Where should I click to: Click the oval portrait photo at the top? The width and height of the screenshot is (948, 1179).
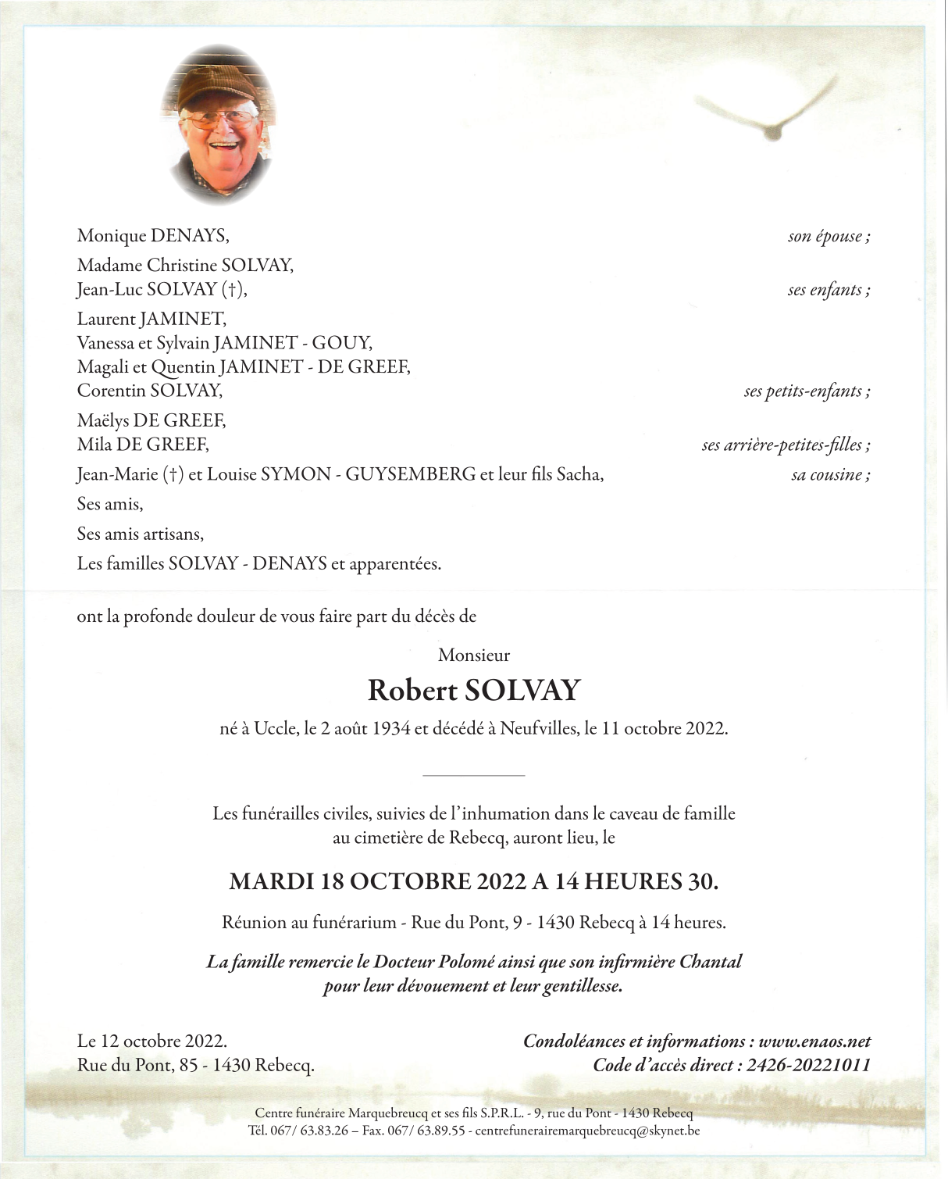[218, 125]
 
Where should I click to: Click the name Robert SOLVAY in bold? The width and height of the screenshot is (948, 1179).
[474, 691]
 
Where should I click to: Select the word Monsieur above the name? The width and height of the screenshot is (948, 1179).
[474, 656]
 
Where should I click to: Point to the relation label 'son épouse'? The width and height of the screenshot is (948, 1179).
[829, 236]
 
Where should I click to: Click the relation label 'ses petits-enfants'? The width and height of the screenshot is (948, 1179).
[807, 391]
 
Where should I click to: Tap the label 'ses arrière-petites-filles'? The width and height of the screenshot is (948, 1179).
[786, 445]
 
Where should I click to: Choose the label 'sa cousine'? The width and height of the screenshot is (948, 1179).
[830, 475]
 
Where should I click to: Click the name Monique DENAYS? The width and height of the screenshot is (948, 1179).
[153, 235]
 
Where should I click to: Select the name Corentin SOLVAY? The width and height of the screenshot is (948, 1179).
[150, 390]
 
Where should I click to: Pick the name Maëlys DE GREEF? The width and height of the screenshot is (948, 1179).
[151, 420]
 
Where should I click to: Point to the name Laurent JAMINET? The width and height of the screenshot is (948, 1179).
[151, 319]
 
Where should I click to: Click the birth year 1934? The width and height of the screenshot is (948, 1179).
[390, 729]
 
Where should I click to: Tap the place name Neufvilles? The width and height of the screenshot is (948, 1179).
[538, 729]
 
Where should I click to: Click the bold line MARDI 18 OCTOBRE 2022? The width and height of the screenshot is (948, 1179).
[379, 882]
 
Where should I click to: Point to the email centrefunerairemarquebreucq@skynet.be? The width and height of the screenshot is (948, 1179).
[587, 1131]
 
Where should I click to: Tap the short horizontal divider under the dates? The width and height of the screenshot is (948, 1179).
[473, 775]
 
